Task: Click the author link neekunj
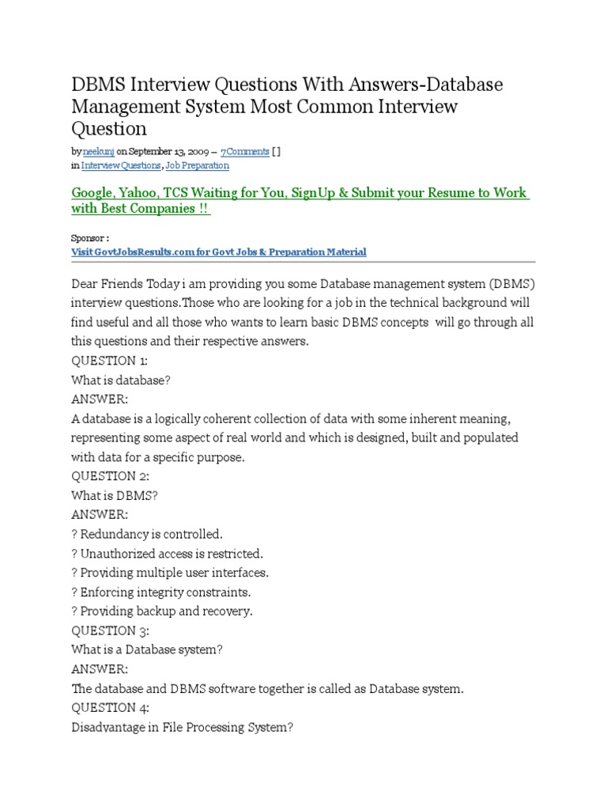[94, 151]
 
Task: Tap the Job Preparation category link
[198, 165]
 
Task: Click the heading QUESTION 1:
[115, 361]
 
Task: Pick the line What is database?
[121, 380]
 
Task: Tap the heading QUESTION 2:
[115, 476]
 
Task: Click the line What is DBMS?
[113, 495]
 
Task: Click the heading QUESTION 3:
[115, 630]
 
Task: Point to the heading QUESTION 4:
[115, 707]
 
